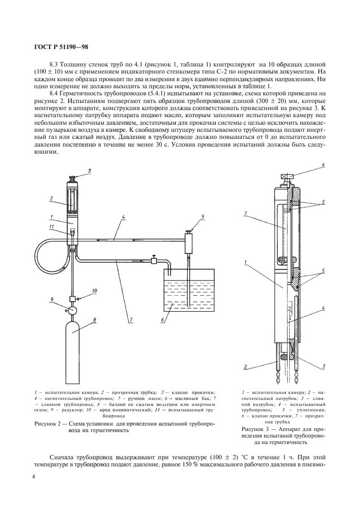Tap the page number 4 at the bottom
click(x=34, y=477)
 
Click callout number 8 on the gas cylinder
click(x=96, y=320)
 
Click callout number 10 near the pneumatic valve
click(x=94, y=292)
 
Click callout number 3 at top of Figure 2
click(x=89, y=171)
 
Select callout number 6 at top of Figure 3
click(x=322, y=165)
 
